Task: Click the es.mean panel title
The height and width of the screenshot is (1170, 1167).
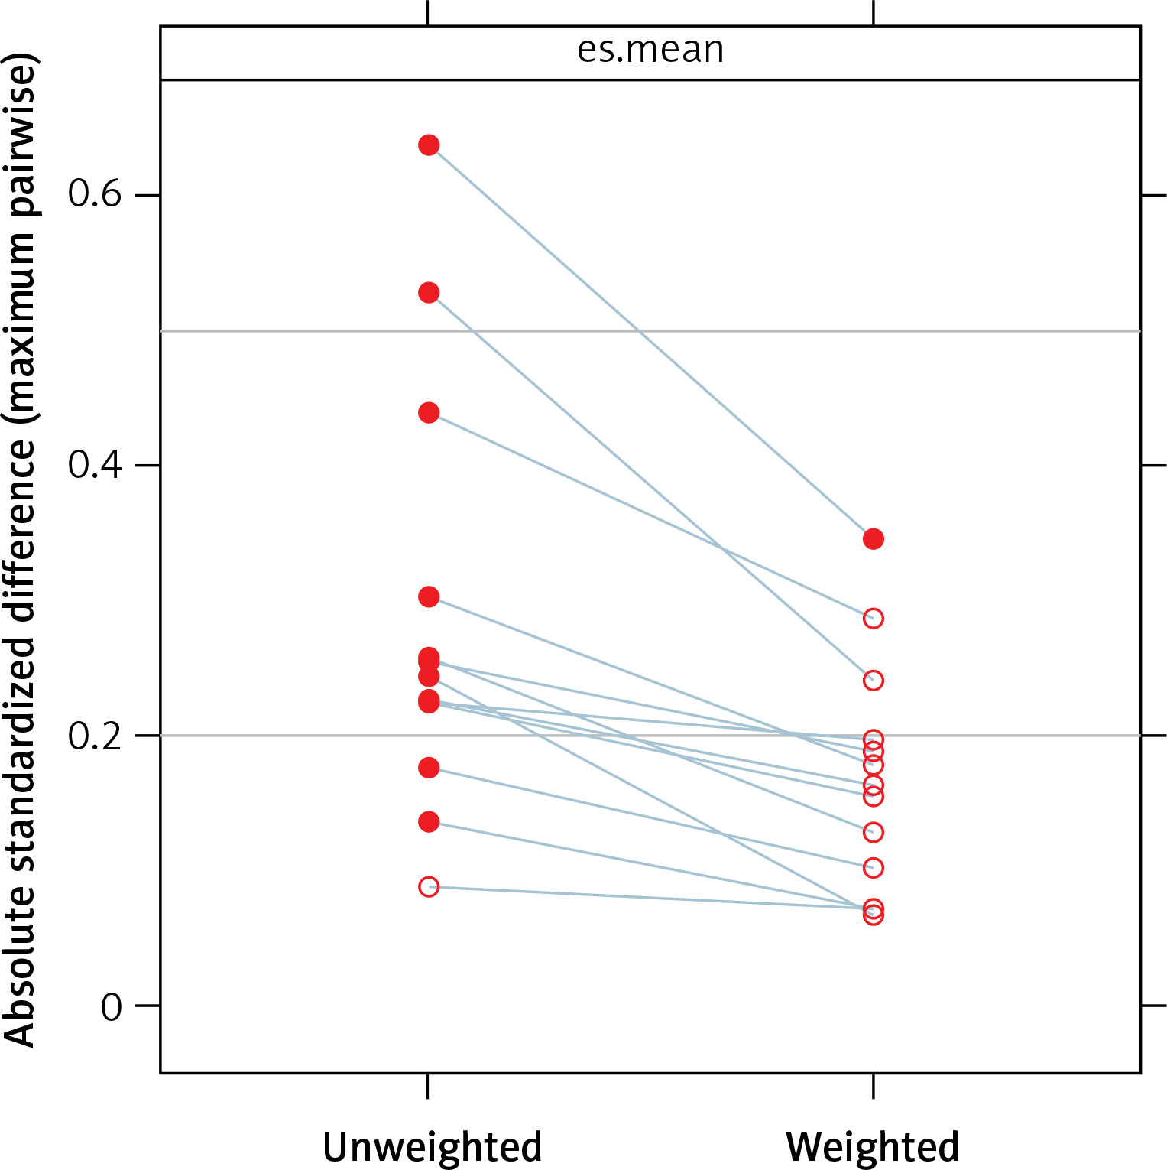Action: click(x=650, y=50)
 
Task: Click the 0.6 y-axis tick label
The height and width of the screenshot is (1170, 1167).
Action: click(x=95, y=194)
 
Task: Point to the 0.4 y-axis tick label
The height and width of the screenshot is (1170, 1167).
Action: click(x=95, y=464)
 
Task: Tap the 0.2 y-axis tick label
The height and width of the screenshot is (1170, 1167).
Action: click(x=95, y=735)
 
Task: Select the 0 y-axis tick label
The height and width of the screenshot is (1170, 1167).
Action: click(x=112, y=1007)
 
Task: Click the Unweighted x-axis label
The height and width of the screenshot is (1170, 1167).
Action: click(x=432, y=1146)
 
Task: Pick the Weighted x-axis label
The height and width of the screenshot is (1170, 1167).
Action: click(x=872, y=1146)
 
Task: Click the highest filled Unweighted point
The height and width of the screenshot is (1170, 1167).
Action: click(x=429, y=145)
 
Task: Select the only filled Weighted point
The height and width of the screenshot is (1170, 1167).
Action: click(x=874, y=539)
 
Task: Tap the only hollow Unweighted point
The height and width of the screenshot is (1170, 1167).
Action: click(x=429, y=887)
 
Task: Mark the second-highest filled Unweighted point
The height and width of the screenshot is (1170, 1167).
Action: click(x=429, y=293)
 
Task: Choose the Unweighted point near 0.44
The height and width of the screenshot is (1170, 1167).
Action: click(x=429, y=413)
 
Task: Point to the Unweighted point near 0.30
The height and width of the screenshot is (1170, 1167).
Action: click(x=429, y=596)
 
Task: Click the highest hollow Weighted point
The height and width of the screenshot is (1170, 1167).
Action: click(x=874, y=618)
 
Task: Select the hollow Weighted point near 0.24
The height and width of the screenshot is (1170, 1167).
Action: click(x=874, y=681)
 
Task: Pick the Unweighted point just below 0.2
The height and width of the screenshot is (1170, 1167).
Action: click(x=429, y=768)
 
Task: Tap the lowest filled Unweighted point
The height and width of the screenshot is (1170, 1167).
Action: click(x=429, y=822)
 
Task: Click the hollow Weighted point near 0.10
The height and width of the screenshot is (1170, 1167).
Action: click(x=874, y=868)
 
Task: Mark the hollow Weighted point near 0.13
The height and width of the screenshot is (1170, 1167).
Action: click(x=874, y=832)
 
